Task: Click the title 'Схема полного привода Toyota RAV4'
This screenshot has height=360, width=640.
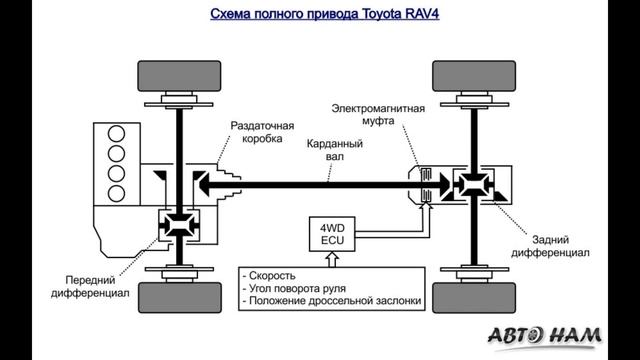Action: pyautogui.click(x=319, y=14)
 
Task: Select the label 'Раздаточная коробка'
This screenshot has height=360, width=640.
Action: pyautogui.click(x=262, y=134)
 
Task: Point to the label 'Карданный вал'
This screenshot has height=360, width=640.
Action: pyautogui.click(x=334, y=151)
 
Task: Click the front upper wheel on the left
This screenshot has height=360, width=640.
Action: pyautogui.click(x=180, y=76)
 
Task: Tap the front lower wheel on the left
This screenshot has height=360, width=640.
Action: pyautogui.click(x=180, y=297)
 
